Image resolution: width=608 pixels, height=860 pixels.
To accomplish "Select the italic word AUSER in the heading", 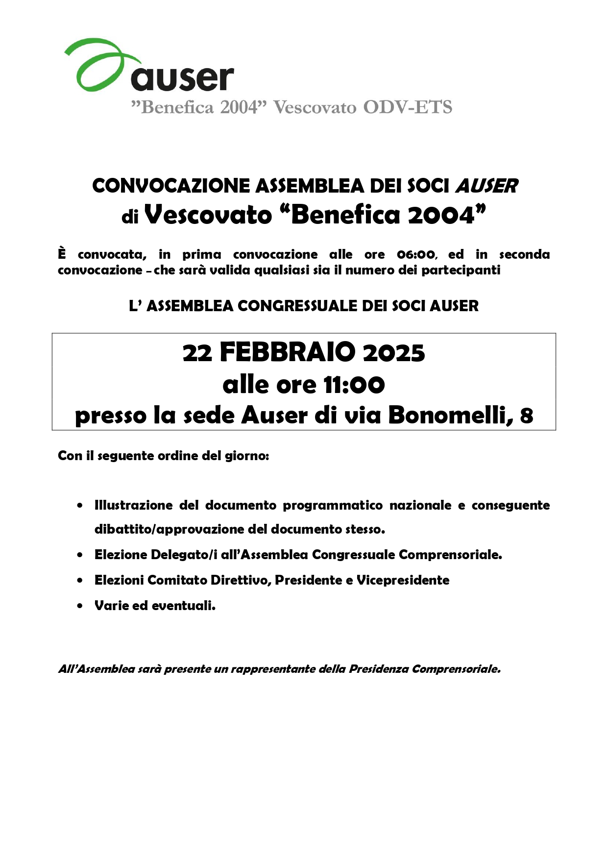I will coord(486,186).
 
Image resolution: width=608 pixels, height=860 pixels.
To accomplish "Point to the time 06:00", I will coord(416,255).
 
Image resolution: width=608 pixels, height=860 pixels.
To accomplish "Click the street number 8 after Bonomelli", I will coord(526,416).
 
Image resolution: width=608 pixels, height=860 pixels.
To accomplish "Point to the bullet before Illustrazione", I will coord(80,505).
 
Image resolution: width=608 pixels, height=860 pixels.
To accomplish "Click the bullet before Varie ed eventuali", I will coord(80,606).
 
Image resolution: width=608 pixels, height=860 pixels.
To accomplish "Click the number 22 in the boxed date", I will coord(197,353).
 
